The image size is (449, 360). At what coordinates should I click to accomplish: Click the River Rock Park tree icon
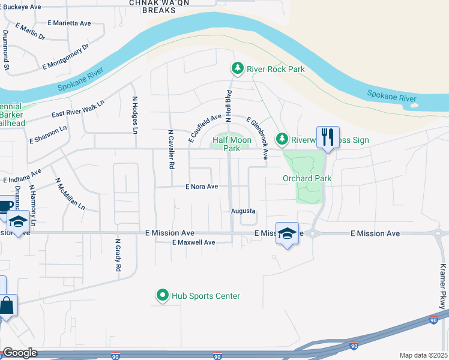(238, 69)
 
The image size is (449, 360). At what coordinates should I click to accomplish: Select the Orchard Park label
(307, 178)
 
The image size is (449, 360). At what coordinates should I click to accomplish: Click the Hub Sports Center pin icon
(162, 296)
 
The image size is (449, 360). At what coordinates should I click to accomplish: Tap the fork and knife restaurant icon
(328, 137)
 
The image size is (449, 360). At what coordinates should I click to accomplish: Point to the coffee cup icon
(5, 206)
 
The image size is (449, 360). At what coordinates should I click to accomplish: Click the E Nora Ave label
(201, 187)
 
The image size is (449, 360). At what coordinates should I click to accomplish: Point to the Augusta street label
(244, 211)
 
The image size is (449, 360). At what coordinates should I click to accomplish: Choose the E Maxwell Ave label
(193, 242)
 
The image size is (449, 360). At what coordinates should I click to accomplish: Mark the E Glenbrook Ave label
(256, 139)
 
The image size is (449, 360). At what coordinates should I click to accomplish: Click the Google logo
(20, 353)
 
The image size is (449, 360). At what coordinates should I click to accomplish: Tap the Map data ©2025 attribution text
(423, 355)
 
